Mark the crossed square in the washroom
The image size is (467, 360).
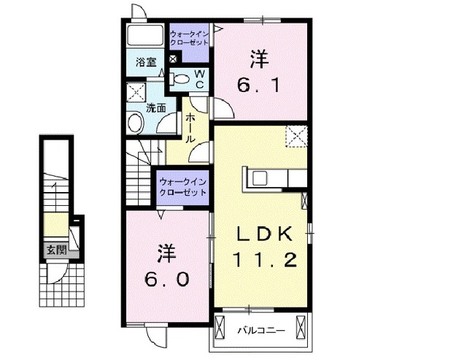136,93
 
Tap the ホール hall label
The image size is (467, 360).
190,129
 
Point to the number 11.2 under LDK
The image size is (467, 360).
266,260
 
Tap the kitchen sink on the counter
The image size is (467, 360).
260,178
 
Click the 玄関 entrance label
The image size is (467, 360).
56,249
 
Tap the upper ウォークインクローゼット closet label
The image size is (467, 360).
189,38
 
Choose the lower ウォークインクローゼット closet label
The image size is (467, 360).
182,187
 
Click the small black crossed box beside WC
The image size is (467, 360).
172,59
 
